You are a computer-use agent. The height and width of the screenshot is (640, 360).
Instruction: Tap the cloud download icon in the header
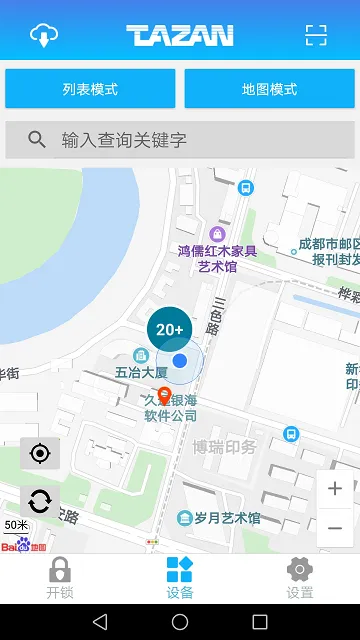(44, 35)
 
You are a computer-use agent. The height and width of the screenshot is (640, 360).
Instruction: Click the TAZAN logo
(180, 36)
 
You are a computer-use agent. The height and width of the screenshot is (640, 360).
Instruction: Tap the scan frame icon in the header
(316, 35)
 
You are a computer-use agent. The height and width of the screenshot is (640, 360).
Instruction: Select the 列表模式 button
(90, 89)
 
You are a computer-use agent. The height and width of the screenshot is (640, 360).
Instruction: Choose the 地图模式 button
(269, 89)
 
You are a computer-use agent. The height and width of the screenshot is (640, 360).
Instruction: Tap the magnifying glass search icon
(37, 140)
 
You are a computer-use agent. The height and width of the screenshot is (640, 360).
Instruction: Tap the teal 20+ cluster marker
(170, 328)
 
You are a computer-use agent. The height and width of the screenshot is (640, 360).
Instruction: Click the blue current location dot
(180, 360)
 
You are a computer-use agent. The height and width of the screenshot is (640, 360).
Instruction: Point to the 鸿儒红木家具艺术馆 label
(217, 258)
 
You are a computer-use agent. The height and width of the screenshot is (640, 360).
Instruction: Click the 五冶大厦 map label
(141, 372)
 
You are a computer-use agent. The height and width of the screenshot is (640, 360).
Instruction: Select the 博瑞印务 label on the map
(225, 447)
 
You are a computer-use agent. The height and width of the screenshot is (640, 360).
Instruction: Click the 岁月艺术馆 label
(226, 518)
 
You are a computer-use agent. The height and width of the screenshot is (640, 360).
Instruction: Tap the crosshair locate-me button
(40, 454)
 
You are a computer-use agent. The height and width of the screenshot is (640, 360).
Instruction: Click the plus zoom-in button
(335, 489)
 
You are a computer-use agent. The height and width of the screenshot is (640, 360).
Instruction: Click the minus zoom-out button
(335, 527)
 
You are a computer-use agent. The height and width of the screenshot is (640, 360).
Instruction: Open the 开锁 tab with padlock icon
(60, 578)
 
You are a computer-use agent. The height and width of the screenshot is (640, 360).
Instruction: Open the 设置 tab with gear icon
(300, 578)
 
